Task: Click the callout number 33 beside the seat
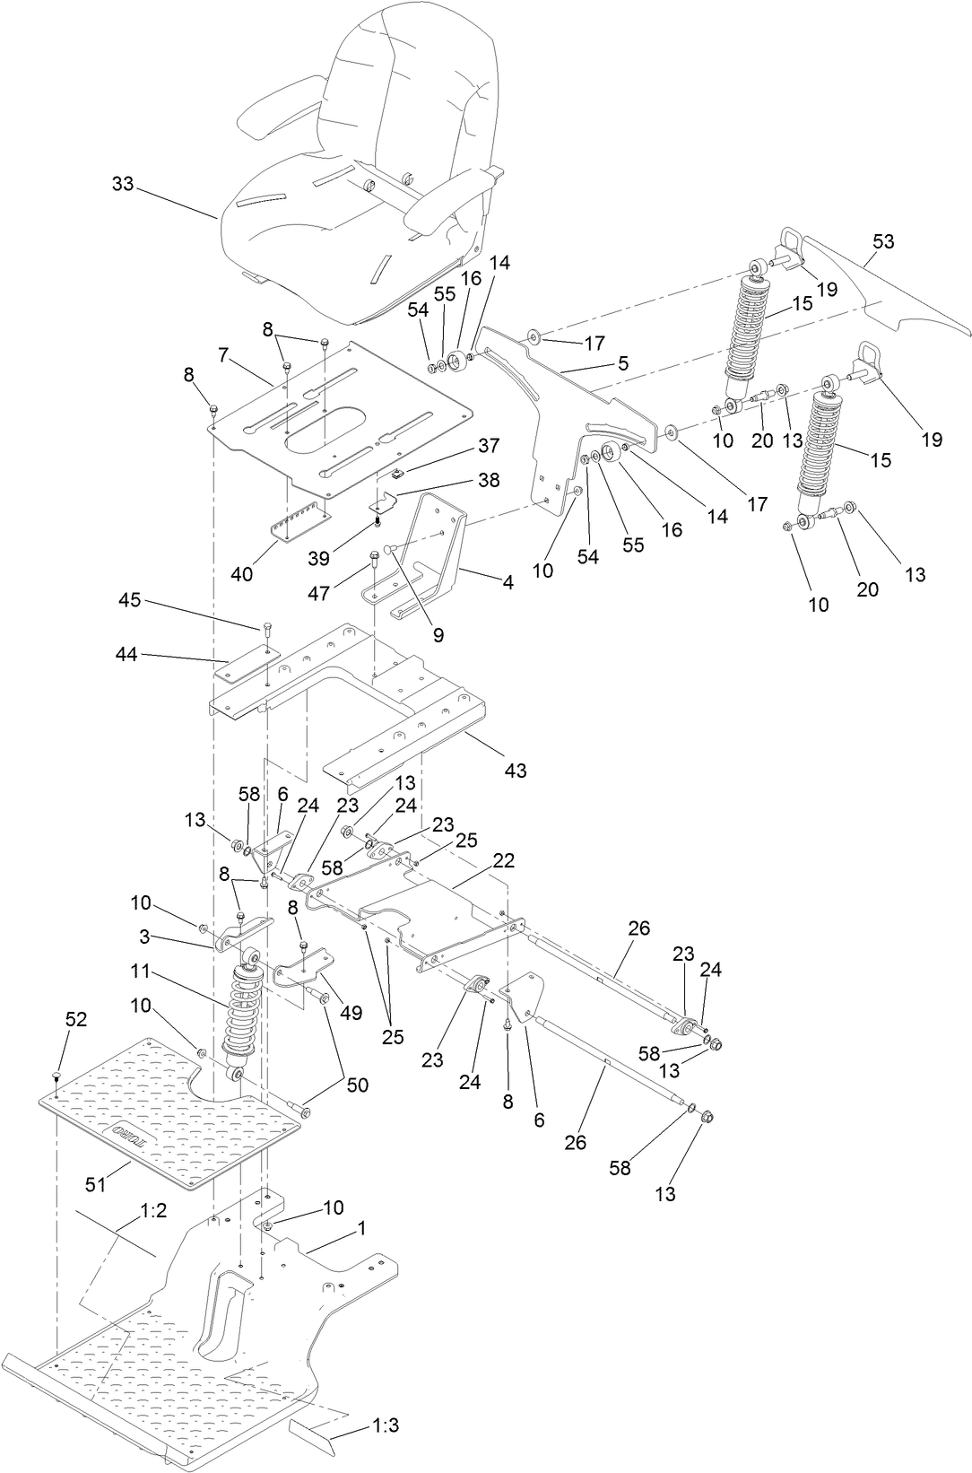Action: (x=123, y=184)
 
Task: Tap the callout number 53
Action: (x=883, y=242)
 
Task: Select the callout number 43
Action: (x=516, y=770)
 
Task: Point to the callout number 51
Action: (x=95, y=1184)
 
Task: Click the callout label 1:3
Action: (x=386, y=1425)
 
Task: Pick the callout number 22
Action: (x=504, y=859)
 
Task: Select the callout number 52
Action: (x=77, y=1019)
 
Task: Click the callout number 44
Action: (x=126, y=655)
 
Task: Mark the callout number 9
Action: (x=438, y=634)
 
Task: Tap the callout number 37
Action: (x=489, y=446)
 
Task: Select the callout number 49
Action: (x=351, y=1013)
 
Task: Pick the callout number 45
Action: (x=130, y=599)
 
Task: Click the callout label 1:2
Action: (x=154, y=1210)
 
